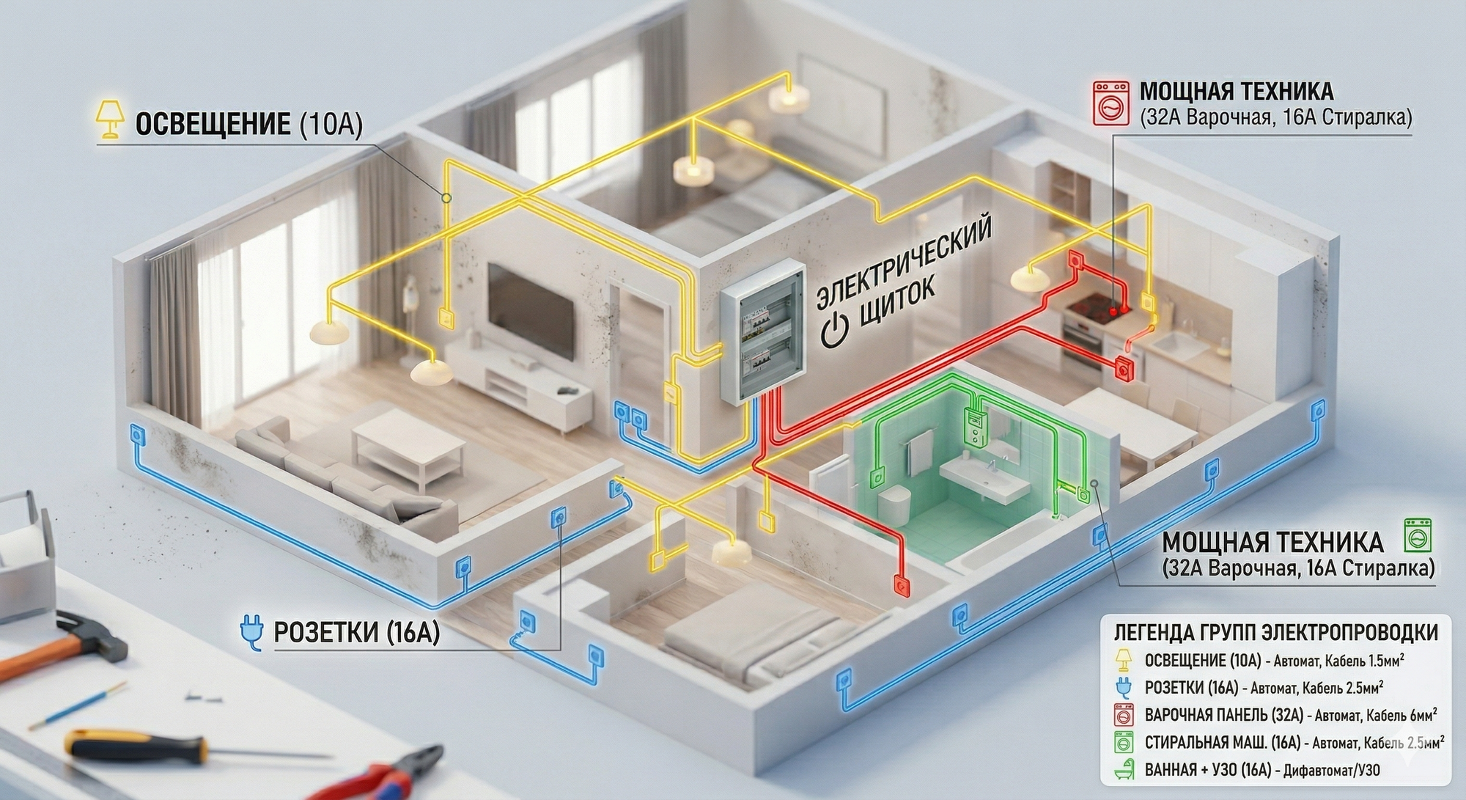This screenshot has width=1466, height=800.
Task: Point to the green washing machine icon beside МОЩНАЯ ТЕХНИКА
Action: click(x=1416, y=535)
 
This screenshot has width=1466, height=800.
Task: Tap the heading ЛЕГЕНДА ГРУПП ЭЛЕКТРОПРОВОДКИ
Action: click(x=1275, y=632)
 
